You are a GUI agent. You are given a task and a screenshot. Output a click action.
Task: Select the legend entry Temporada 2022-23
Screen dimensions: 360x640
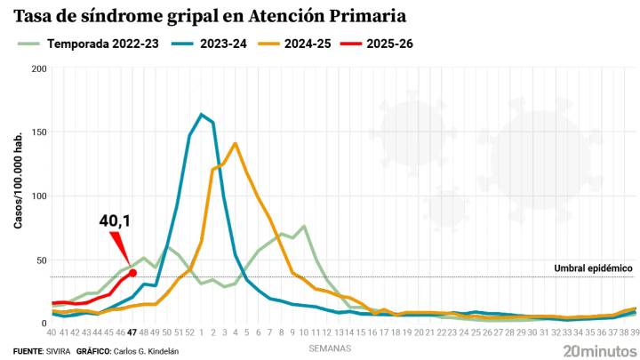[x=102, y=43]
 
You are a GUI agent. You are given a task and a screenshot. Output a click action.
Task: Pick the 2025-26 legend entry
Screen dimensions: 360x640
[x=388, y=43]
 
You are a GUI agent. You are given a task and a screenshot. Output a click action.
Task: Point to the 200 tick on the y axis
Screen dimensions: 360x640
[x=36, y=68]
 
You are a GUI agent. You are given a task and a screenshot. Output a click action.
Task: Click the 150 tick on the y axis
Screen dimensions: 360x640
[x=36, y=132]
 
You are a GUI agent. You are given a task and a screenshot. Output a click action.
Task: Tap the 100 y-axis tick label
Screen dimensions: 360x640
[x=36, y=196]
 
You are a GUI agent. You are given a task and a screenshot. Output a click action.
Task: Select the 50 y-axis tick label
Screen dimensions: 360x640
[x=38, y=260]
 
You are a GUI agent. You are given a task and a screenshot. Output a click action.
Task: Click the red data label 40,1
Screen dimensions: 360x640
[x=115, y=219]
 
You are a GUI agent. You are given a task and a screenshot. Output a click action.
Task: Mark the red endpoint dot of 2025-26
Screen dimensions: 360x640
[x=132, y=273]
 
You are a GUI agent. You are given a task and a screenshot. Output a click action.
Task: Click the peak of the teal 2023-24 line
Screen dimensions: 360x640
[x=201, y=115]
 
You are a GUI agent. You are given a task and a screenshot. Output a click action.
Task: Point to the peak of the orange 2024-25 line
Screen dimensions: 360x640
[x=235, y=143]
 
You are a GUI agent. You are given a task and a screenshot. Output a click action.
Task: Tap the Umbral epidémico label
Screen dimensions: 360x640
[x=593, y=268]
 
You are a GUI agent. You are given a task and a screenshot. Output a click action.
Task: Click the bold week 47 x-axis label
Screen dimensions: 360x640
[x=132, y=332]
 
